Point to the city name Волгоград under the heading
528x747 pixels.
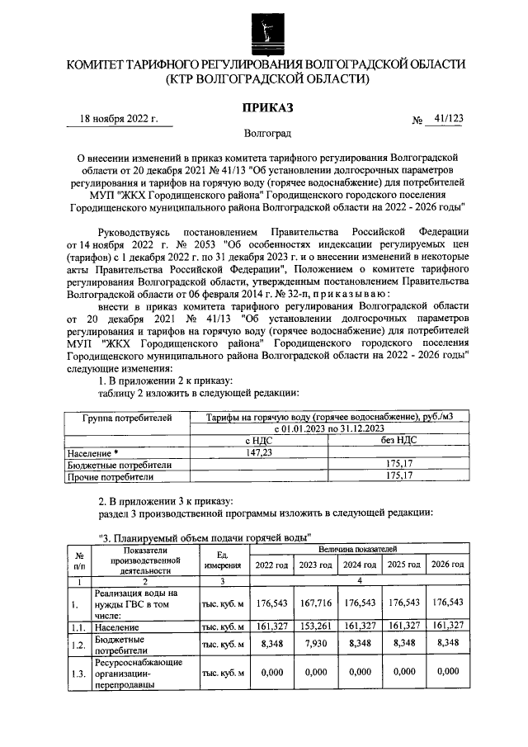[267, 133]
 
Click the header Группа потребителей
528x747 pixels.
[127, 418]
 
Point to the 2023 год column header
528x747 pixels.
[315, 565]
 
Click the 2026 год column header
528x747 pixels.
[447, 565]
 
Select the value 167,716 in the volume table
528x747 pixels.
[315, 604]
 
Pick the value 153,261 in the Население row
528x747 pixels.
[315, 627]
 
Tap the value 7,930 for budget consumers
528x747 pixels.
[315, 645]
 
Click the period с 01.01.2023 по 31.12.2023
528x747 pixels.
[328, 429]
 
